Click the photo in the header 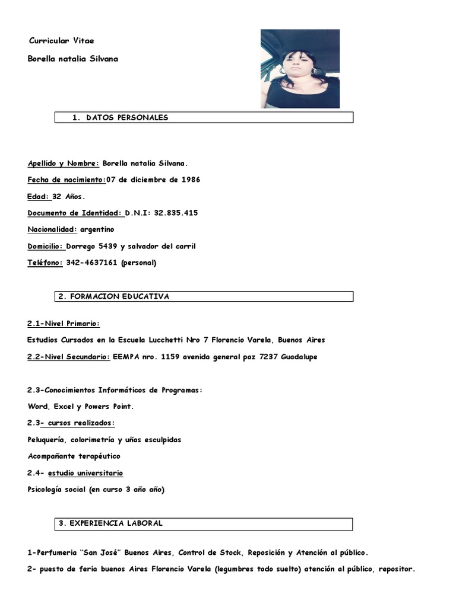(x=300, y=69)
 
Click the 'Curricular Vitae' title (x=62, y=41)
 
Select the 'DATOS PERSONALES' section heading (x=127, y=117)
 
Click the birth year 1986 (x=190, y=180)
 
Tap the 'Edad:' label (x=39, y=196)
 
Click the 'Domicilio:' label (x=46, y=246)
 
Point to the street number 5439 (x=105, y=246)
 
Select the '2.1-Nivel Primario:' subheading (x=64, y=323)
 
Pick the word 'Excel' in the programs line (x=62, y=407)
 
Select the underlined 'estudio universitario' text (x=87, y=473)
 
